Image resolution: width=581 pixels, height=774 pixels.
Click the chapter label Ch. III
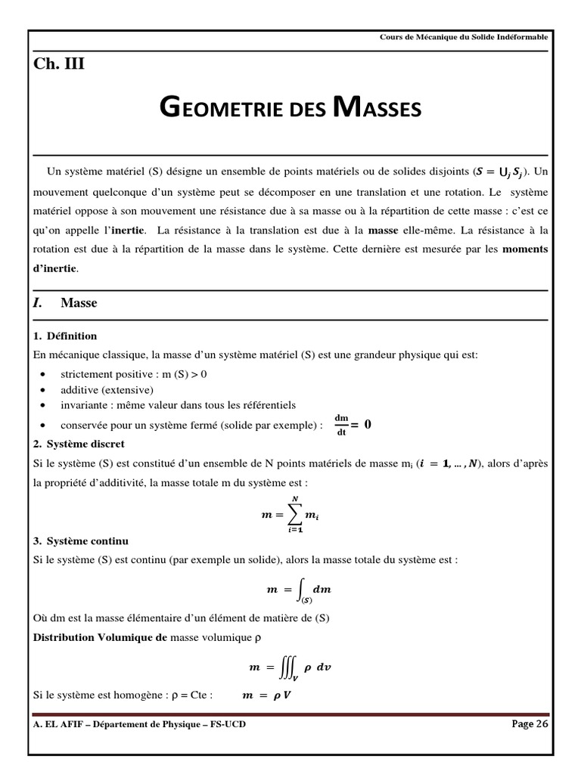[59, 64]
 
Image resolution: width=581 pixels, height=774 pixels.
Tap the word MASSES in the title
[376, 110]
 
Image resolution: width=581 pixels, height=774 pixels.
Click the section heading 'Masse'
[79, 303]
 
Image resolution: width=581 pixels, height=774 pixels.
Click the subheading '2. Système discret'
[79, 444]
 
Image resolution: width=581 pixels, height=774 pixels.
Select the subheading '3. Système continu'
[80, 540]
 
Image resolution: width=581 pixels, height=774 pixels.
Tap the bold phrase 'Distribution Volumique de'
[100, 637]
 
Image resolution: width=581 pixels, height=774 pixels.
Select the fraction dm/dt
[341, 425]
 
